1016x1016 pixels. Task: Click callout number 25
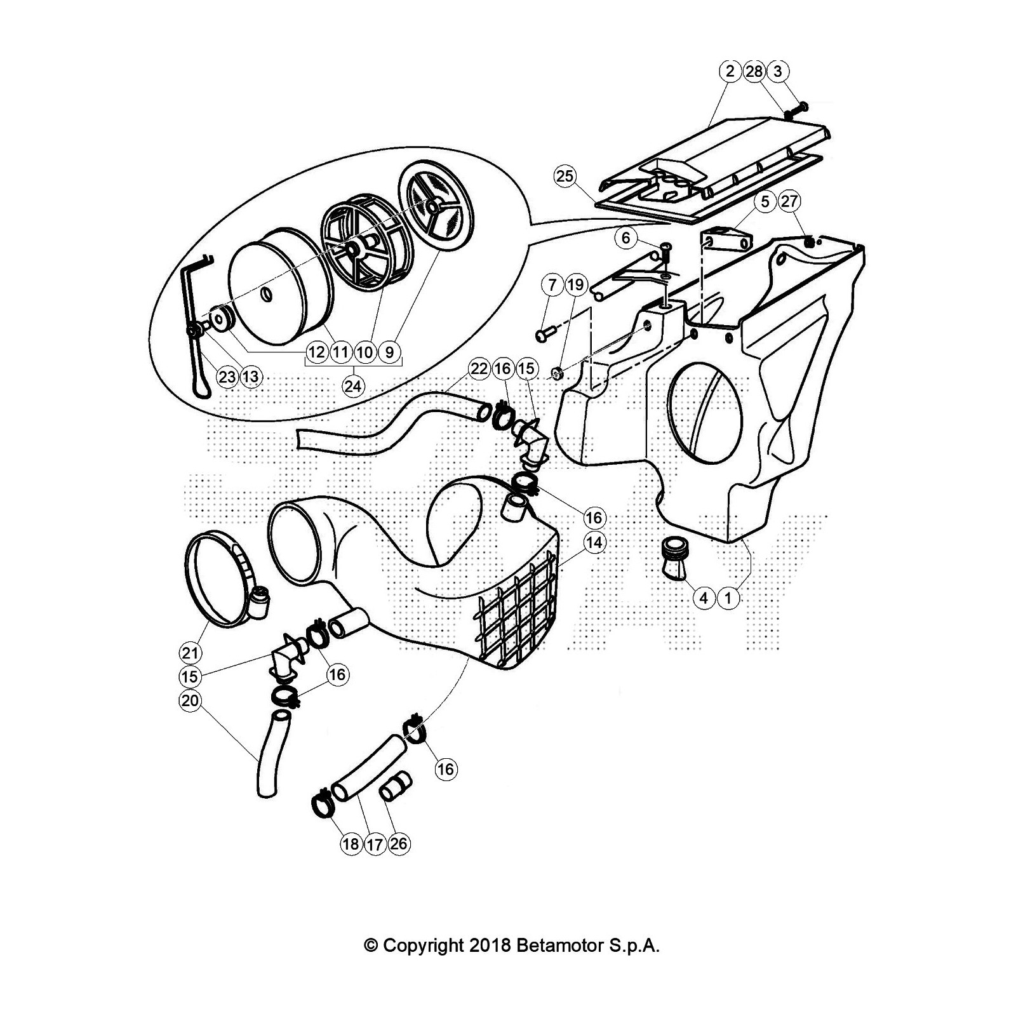(565, 176)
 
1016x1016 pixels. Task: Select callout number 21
(190, 652)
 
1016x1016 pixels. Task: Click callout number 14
(594, 543)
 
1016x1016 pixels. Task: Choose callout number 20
(190, 700)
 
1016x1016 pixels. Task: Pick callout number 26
(399, 844)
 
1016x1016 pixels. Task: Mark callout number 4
(704, 598)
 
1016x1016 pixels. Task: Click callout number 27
(789, 202)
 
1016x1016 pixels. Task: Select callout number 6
(626, 238)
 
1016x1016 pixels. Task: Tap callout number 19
(575, 285)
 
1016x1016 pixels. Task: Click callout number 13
(251, 377)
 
